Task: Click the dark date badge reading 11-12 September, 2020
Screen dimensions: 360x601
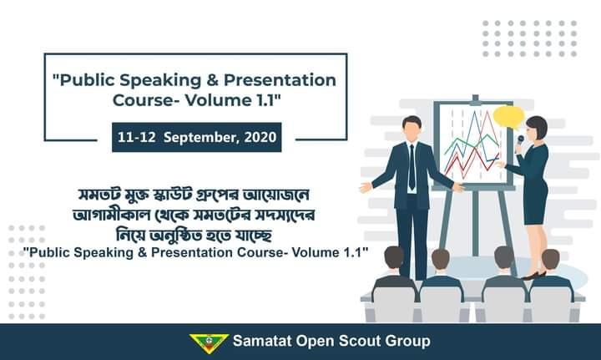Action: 196,136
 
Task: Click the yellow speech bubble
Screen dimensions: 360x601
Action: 508,116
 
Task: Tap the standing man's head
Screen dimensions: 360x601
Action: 412,127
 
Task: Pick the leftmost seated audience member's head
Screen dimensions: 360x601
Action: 393,258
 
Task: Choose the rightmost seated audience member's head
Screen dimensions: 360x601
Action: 550,259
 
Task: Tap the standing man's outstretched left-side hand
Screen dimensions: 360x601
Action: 366,188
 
